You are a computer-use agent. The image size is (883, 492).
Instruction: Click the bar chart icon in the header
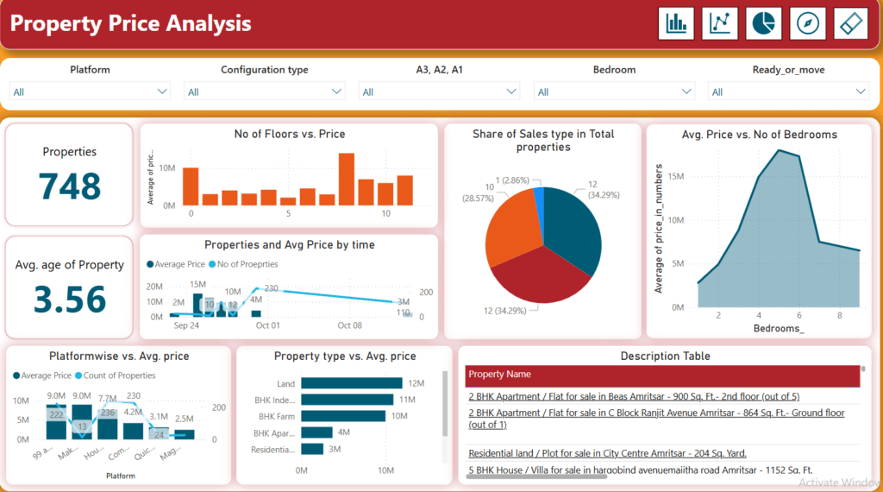click(676, 23)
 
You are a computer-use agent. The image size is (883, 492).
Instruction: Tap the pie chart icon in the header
click(763, 23)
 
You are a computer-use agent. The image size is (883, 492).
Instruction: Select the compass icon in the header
click(807, 23)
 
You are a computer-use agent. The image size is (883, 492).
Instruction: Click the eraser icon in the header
click(850, 23)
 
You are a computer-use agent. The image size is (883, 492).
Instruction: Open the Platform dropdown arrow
click(162, 91)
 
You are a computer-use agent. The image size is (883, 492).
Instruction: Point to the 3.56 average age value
click(69, 299)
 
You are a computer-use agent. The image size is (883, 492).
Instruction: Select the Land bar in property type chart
click(352, 383)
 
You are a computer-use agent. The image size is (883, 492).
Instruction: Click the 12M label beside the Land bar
click(416, 383)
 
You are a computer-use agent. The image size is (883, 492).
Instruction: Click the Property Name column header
click(499, 375)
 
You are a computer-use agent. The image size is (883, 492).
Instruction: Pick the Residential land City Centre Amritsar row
click(607, 453)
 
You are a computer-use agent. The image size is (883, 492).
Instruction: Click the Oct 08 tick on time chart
click(350, 325)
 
